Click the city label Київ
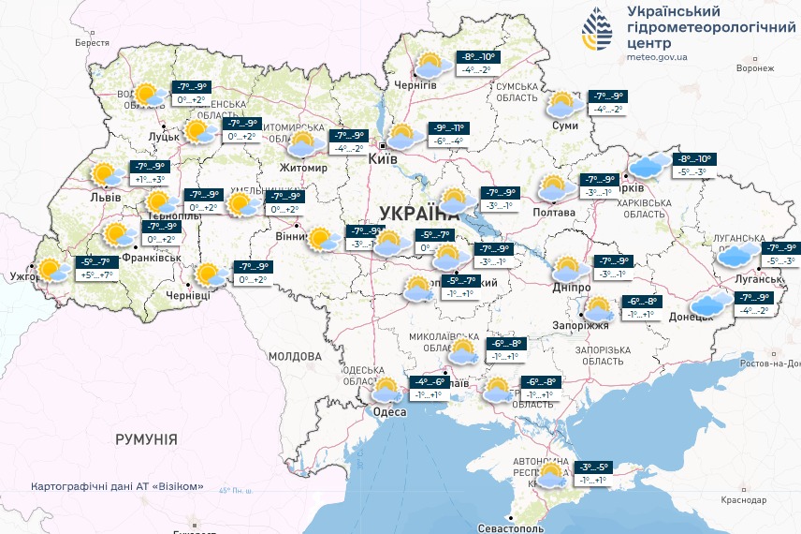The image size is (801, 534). tap(384, 160)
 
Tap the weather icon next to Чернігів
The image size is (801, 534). tap(429, 66)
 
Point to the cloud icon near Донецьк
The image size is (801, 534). tap(712, 303)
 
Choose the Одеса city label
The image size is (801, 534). tap(388, 412)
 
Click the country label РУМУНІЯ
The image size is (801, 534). tap(146, 438)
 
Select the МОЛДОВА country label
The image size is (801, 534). tap(295, 356)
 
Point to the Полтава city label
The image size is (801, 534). tap(554, 213)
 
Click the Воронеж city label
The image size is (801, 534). tap(755, 68)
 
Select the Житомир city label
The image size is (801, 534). tap(303, 169)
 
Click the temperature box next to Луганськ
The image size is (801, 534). tap(779, 254)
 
